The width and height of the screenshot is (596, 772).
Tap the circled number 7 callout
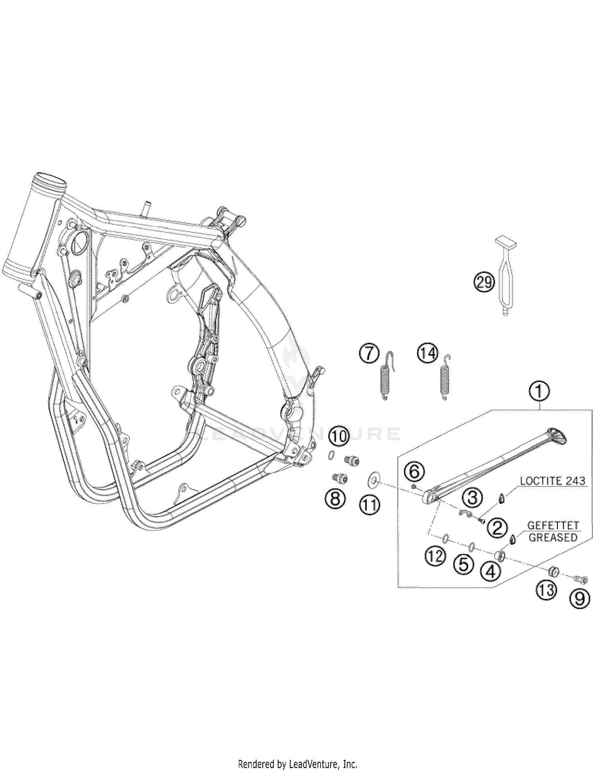[x=369, y=353]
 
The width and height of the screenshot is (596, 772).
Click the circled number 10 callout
[x=339, y=436]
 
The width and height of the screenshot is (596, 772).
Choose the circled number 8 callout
[x=335, y=498]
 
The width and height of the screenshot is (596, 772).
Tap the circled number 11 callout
[x=370, y=505]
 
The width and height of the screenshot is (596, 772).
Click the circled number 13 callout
[x=547, y=590]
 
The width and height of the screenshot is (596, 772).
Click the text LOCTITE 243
[x=552, y=481]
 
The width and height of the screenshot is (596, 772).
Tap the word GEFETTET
[x=552, y=526]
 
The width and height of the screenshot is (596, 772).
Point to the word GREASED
[x=553, y=537]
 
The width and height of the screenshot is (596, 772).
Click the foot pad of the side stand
[x=557, y=437]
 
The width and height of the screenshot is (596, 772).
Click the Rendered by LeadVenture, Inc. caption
[x=298, y=753]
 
